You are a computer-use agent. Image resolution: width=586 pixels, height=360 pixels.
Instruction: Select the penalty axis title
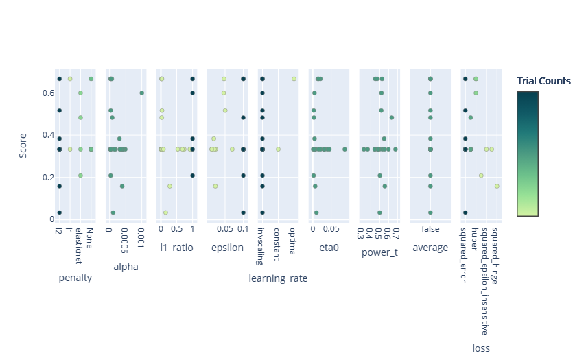pyautogui.click(x=75, y=278)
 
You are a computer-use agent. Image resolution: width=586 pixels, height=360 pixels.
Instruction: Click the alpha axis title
pyautogui.click(x=126, y=267)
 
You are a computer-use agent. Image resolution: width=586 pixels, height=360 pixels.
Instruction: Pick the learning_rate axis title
pyautogui.click(x=278, y=278)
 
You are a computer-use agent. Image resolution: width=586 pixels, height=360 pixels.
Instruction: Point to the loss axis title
pyautogui.click(x=481, y=348)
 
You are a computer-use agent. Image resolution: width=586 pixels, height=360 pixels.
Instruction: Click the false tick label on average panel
pyautogui.click(x=430, y=229)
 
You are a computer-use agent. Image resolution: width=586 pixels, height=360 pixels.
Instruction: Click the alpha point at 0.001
pyautogui.click(x=141, y=93)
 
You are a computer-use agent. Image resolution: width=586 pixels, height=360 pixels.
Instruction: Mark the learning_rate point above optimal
pyautogui.click(x=294, y=79)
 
